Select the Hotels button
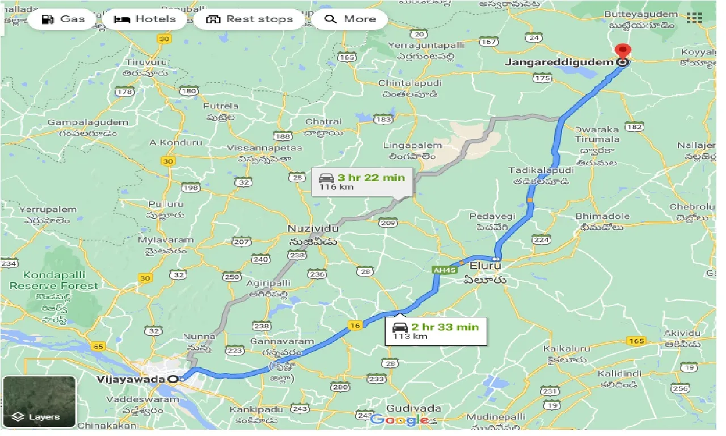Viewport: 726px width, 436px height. tap(145, 19)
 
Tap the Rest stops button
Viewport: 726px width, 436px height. tap(249, 19)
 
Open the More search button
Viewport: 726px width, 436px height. tap(350, 19)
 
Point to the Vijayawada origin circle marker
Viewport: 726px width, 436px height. tap(174, 379)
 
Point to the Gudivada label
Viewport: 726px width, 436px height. tap(406, 408)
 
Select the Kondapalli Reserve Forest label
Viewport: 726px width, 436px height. tap(53, 280)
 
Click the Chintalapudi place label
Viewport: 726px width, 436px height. tap(410, 83)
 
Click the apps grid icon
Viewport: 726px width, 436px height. tap(694, 18)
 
